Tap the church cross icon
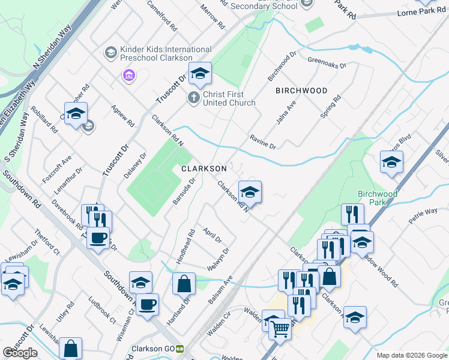(193, 97)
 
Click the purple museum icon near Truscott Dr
(128, 76)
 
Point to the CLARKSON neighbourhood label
(204, 169)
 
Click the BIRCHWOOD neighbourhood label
(301, 91)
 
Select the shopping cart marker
(279, 328)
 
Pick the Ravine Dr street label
(263, 142)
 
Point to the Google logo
(20, 353)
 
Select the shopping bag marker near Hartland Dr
(184, 283)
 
